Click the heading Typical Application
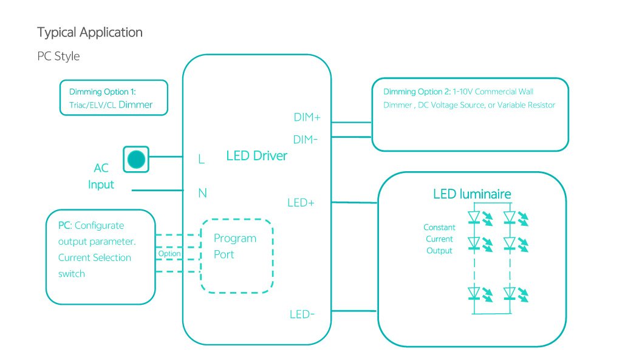point(90,32)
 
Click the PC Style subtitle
point(58,56)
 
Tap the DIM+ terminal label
point(307,117)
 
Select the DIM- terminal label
point(306,140)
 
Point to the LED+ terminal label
point(301,203)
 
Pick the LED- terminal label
point(301,314)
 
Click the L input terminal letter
point(202,159)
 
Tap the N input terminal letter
point(203,193)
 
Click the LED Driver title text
point(256,156)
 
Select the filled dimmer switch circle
point(137,160)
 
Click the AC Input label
point(101,176)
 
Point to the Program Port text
point(234,246)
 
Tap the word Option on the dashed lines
point(169,254)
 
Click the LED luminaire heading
point(472,194)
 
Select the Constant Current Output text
point(439,239)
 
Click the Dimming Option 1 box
point(114,98)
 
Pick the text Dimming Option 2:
point(417,92)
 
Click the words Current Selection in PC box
point(95,257)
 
